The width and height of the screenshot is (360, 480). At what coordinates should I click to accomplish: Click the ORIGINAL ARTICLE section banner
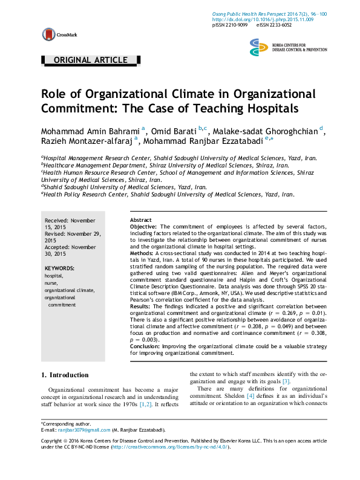tap(91, 60)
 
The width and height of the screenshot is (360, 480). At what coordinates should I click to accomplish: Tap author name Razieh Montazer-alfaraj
tap(87, 141)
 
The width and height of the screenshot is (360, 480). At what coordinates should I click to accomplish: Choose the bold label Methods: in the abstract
tap(143, 253)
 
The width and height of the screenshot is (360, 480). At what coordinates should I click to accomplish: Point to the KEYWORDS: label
tap(59, 267)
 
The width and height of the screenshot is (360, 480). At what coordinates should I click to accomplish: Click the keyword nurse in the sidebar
tap(51, 282)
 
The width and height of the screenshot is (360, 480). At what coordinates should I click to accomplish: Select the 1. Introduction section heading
tap(65, 375)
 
